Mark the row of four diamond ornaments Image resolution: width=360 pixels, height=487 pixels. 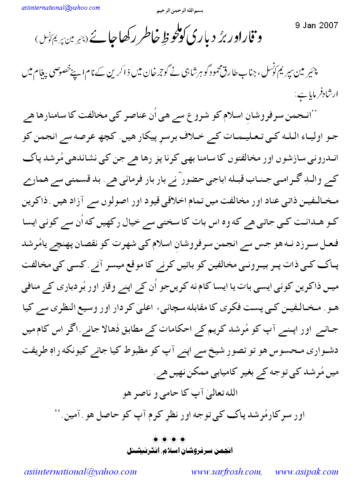click(x=169, y=440)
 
